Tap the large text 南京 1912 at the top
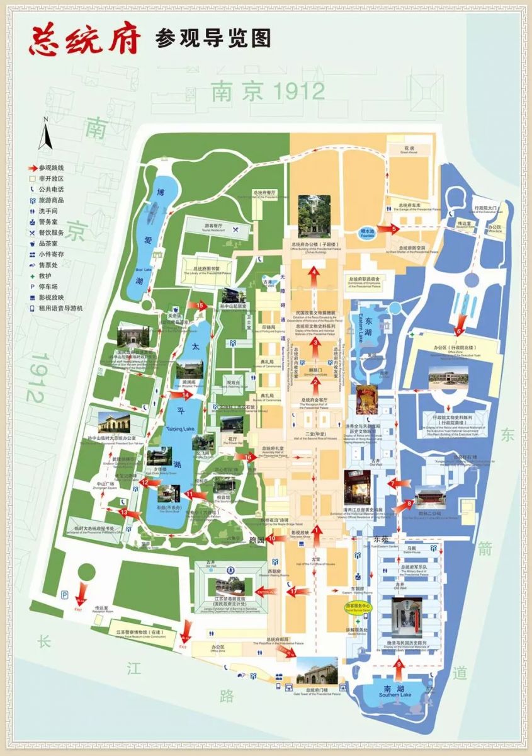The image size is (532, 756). [x=268, y=91]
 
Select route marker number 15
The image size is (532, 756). [x=201, y=306]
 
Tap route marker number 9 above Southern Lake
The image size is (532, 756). [x=459, y=330]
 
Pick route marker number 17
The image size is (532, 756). [x=293, y=592]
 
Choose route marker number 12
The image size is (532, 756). [x=144, y=482]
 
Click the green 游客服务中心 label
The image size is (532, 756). [x=359, y=605]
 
